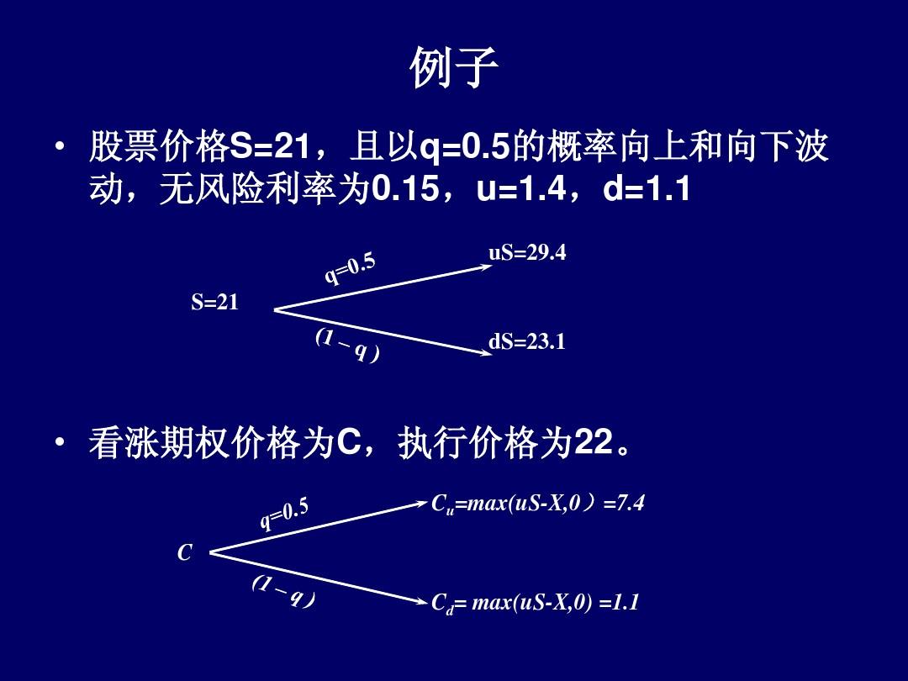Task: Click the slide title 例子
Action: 454,68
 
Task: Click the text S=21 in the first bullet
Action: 270,146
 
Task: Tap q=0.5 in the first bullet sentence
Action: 464,147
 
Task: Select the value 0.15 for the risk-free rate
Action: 404,189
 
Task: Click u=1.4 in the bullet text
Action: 521,189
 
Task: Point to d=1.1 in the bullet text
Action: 647,189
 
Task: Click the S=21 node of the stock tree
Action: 215,303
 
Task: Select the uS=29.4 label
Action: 527,252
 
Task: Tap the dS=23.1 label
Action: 527,341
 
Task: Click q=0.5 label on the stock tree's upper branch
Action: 350,269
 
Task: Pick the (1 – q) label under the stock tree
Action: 348,346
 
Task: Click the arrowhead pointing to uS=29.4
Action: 487,267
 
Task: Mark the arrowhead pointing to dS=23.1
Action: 487,351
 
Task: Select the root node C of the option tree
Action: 184,553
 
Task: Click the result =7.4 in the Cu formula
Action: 624,504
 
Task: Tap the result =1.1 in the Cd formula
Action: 619,603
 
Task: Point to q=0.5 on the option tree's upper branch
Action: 284,515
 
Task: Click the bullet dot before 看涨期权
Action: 60,442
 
